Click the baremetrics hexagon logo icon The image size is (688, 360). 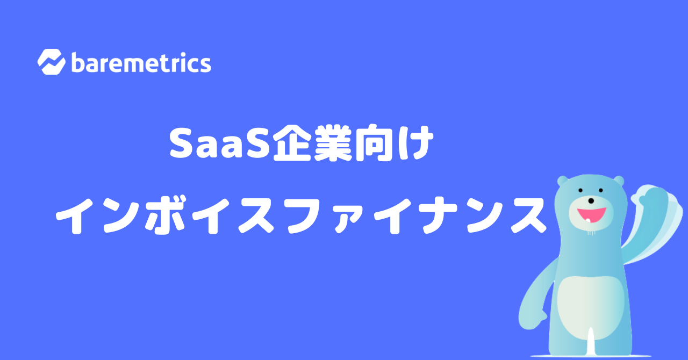[x=51, y=62]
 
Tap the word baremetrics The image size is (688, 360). [x=141, y=63]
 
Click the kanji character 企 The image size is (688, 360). [x=292, y=143]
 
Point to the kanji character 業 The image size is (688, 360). [x=333, y=143]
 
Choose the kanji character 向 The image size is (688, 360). [x=374, y=143]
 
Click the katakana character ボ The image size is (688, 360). [x=165, y=214]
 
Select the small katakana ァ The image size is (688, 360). [x=349, y=219]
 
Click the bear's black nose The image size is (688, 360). [x=591, y=201]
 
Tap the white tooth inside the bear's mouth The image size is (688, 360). [x=588, y=220]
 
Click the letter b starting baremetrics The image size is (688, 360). [x=78, y=62]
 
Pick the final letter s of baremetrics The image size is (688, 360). [x=205, y=65]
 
